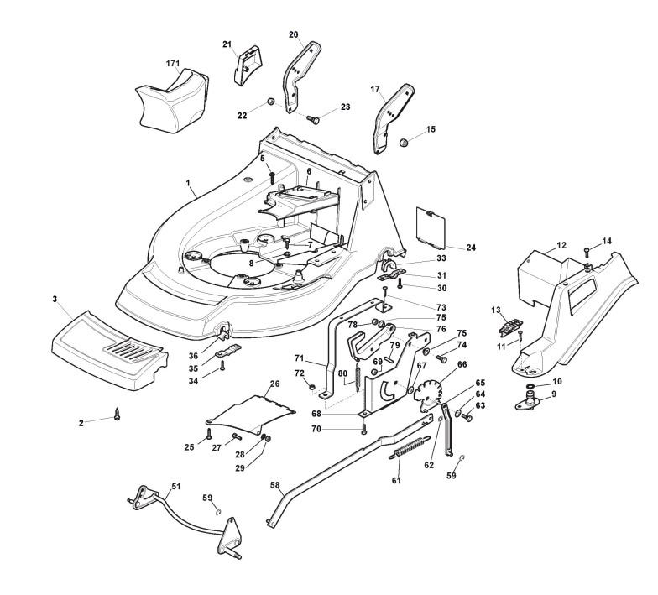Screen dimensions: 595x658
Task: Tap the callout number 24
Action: [x=470, y=248]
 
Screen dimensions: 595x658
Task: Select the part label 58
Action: [x=274, y=484]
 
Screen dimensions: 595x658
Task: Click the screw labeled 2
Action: [x=117, y=417]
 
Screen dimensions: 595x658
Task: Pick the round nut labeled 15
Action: [x=405, y=142]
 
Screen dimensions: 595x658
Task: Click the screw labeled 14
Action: [x=587, y=250]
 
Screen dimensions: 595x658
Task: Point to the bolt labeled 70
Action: [x=363, y=430]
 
